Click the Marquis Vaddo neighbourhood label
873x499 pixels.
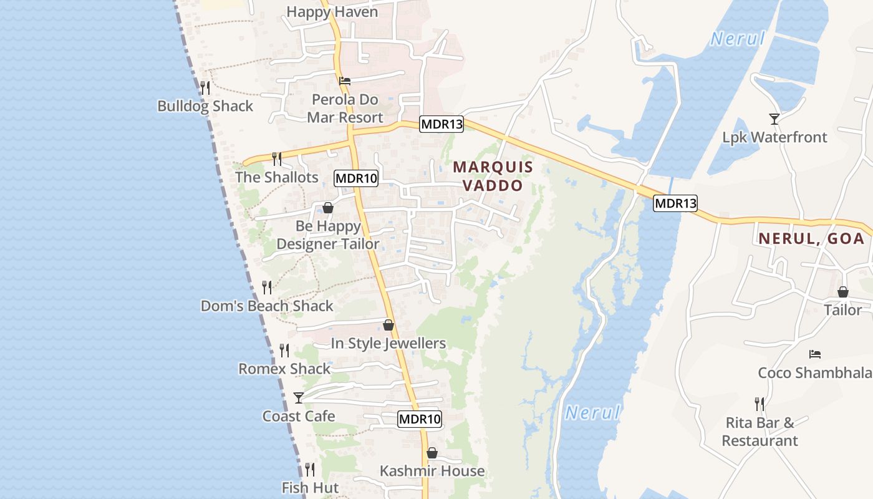493,176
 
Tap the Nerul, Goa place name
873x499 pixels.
811,238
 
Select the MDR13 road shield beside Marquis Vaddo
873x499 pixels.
441,124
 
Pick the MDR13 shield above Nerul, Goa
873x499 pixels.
675,203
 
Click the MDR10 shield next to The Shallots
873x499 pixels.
357,178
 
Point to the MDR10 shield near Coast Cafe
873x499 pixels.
420,419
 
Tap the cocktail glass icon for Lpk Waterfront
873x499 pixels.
774,119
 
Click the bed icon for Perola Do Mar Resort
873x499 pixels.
345,81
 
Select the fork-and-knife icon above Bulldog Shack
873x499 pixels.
205,87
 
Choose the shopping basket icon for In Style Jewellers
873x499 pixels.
388,325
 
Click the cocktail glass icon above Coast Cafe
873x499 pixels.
299,397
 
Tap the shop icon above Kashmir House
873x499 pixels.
432,453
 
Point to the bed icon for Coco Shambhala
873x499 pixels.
814,354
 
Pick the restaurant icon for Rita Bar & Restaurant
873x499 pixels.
760,404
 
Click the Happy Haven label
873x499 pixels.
332,12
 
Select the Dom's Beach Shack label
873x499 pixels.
267,306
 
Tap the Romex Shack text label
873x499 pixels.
284,369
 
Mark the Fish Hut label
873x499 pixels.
310,488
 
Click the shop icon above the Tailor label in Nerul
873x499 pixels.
842,292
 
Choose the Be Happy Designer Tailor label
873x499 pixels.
328,235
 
